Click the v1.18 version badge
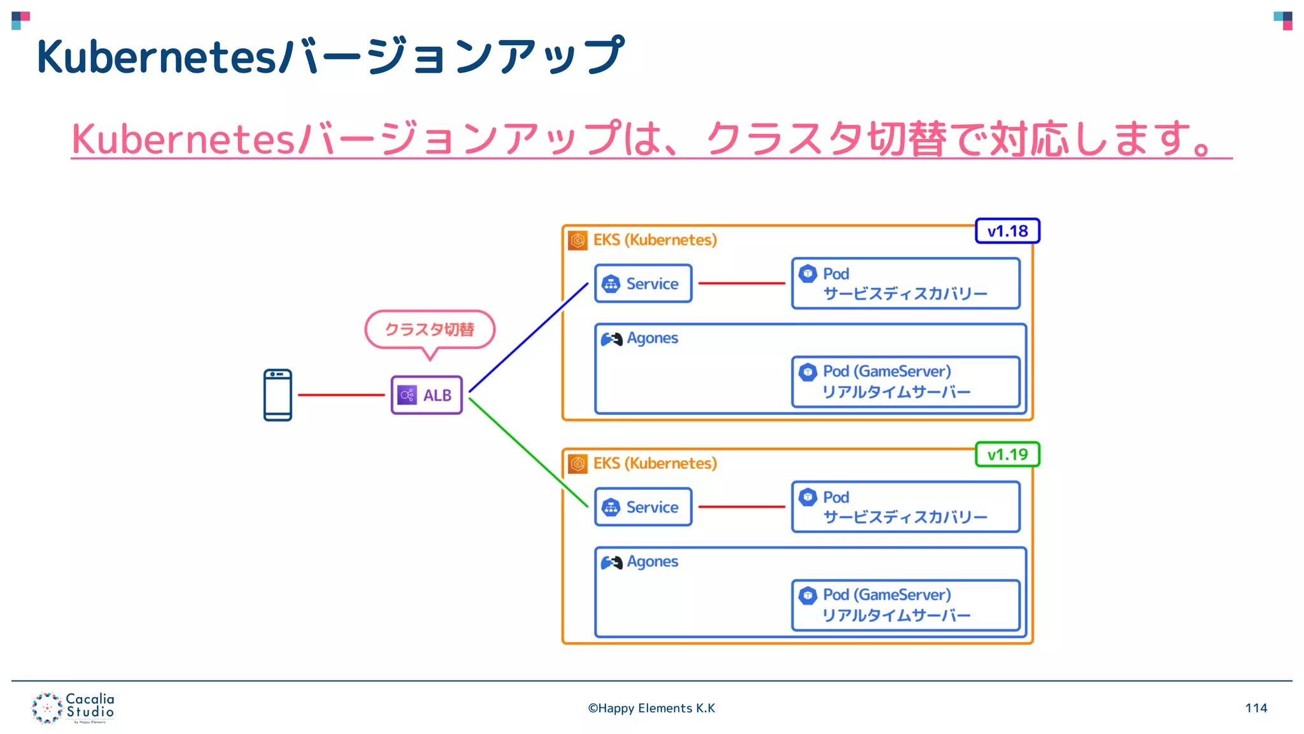coord(1007,231)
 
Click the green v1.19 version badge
coord(1007,454)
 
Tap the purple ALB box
coord(427,395)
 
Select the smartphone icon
coord(278,395)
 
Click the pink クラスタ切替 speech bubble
coord(430,329)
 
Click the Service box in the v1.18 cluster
coord(643,284)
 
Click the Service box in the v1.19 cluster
coord(643,507)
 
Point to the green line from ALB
coord(528,452)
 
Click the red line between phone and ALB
coord(341,395)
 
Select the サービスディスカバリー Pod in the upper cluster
coord(905,284)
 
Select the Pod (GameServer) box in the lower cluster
coord(905,605)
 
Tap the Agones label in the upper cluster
coord(652,338)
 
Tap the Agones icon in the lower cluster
coord(611,563)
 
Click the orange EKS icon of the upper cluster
coord(578,240)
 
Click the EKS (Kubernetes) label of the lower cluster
coord(655,463)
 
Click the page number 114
coord(1256,708)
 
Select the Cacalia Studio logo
coord(73,707)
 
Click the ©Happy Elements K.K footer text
coord(651,708)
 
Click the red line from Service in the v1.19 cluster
coord(741,507)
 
